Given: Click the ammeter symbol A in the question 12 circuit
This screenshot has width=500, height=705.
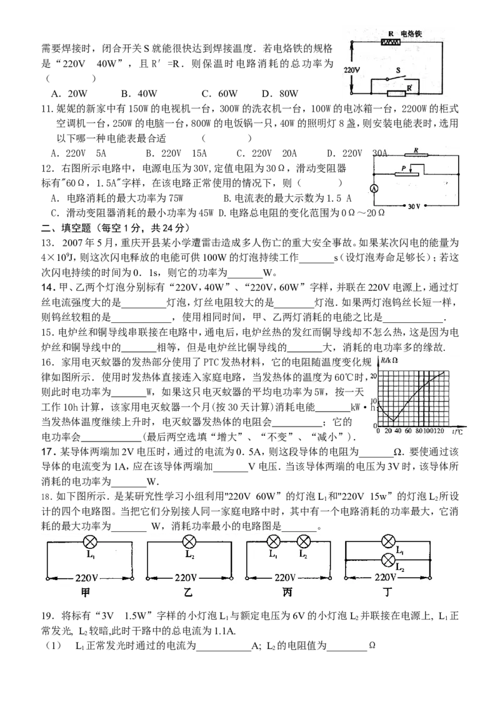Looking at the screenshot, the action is point(374,189).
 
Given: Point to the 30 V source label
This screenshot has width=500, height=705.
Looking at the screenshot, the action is point(413,206).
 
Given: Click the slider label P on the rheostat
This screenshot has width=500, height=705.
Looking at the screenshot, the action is point(403,165).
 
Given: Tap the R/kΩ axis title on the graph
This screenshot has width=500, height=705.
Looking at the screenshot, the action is point(389,360).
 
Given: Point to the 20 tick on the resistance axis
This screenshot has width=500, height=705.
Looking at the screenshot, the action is point(374,377).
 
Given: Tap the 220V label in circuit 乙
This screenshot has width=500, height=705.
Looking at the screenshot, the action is point(186,578).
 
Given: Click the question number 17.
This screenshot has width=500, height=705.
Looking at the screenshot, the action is point(47,452).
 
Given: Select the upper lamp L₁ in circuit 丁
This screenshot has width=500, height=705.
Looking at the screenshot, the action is point(387,542).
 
